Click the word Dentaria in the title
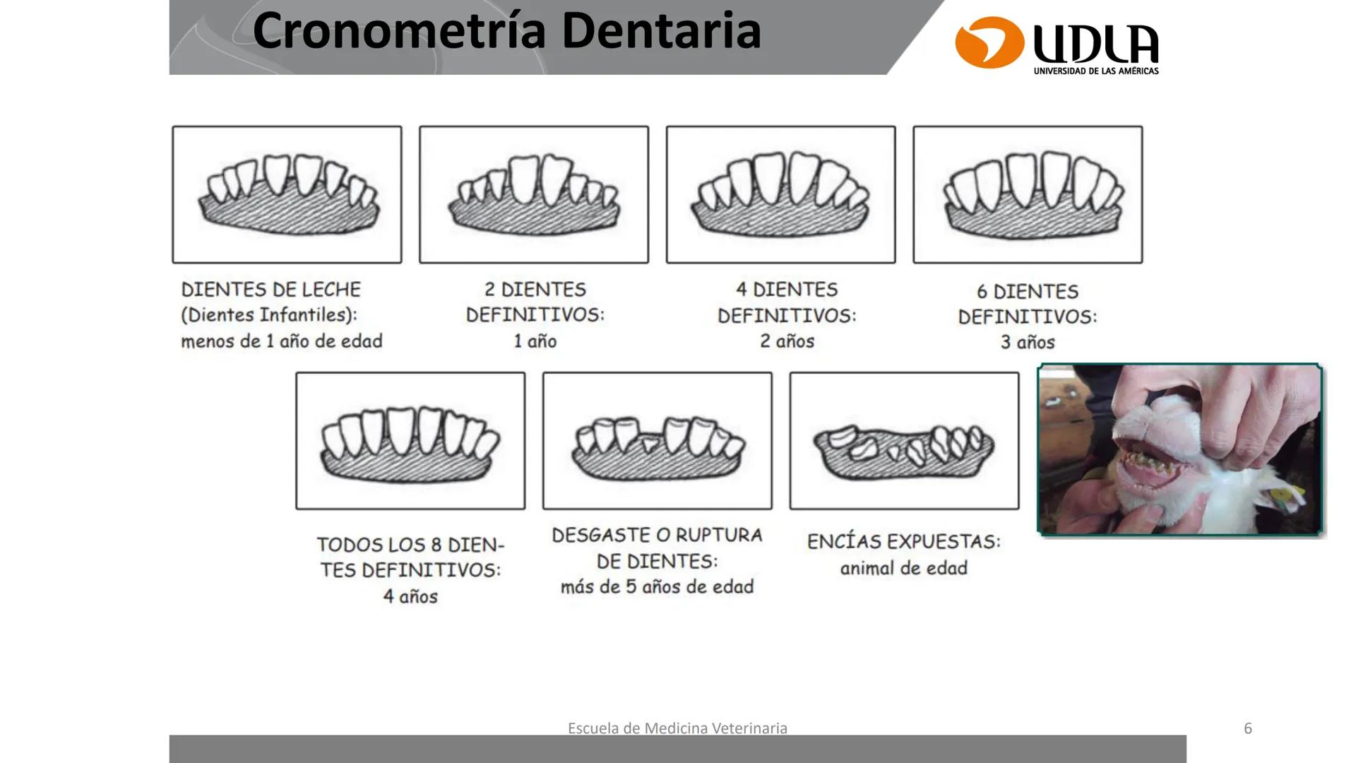click(x=661, y=32)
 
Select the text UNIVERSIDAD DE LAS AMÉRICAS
click(x=1095, y=71)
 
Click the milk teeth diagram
click(x=287, y=195)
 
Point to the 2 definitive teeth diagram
click(x=534, y=195)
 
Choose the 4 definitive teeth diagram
click(x=780, y=195)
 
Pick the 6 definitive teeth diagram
click(x=1028, y=195)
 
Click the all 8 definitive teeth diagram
click(x=410, y=441)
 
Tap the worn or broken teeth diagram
click(x=657, y=441)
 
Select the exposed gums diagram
click(x=904, y=441)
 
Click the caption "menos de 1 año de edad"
click(x=282, y=341)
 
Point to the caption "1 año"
click(x=535, y=341)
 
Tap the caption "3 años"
click(x=1028, y=343)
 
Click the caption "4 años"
click(x=410, y=597)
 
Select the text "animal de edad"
click(x=903, y=568)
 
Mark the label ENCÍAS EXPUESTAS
click(x=903, y=542)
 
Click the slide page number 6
click(x=1248, y=728)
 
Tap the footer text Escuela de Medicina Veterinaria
click(x=677, y=728)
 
